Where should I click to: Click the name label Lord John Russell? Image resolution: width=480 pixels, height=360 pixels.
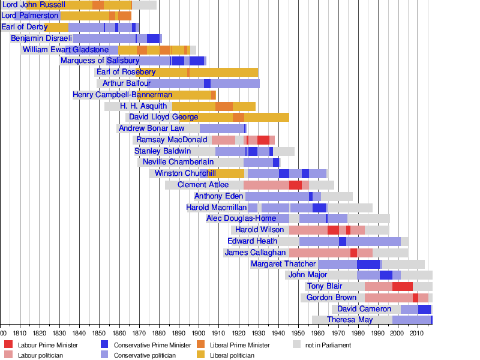point(34,5)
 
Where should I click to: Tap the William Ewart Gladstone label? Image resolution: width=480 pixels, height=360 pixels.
point(66,50)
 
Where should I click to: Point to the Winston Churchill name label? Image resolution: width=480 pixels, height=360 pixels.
point(185,173)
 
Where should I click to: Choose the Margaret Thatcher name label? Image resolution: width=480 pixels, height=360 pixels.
point(283,264)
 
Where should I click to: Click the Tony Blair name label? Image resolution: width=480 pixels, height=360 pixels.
point(324,286)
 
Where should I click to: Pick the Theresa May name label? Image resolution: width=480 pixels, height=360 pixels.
point(350,320)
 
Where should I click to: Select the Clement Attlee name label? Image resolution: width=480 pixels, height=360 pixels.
point(203,185)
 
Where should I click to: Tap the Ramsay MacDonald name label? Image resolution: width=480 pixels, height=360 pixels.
point(163,140)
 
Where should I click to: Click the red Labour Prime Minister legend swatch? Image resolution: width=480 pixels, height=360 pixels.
point(8,345)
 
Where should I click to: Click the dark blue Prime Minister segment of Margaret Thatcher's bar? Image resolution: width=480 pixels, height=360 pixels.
point(368,264)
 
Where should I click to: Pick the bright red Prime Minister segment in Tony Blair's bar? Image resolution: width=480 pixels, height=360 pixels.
point(402,286)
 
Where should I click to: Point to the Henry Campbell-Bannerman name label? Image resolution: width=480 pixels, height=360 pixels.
point(122,95)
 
